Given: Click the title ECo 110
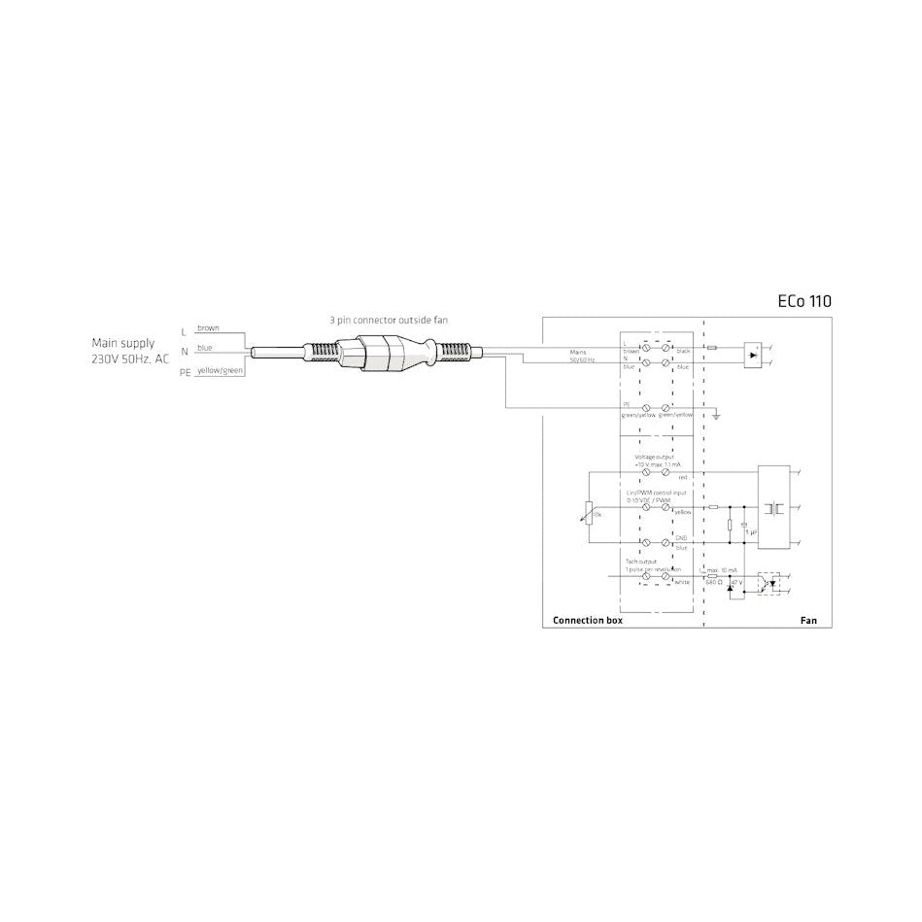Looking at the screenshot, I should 804,301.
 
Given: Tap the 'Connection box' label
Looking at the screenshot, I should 588,620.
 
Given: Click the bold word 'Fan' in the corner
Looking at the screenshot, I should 807,620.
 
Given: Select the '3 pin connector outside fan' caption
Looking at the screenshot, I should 390,319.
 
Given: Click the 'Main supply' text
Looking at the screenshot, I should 122,343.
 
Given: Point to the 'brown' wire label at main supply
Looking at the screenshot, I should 208,328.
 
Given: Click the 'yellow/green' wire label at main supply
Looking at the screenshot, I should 220,371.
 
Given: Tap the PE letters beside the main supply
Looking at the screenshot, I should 185,373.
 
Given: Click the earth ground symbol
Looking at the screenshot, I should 715,415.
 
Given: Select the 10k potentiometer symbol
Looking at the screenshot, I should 591,512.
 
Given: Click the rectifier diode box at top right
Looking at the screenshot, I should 754,355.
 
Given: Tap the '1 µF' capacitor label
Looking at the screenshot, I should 750,531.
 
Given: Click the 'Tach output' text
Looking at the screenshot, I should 640,562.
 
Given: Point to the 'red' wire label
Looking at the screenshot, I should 682,479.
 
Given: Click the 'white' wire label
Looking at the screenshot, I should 682,582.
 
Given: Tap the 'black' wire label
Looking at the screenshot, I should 683,350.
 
